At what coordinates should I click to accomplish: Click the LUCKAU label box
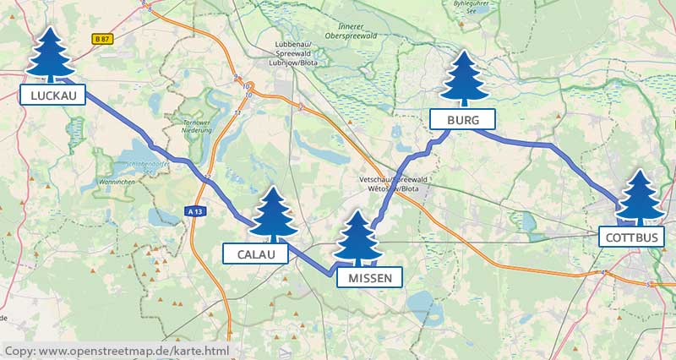coord(52,95)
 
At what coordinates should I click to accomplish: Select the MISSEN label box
coord(368,276)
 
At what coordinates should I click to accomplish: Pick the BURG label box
coord(461,119)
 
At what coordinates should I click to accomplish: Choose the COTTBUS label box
coord(631,237)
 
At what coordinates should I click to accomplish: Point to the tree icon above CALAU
coord(273,213)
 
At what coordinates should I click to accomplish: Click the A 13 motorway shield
coord(194,212)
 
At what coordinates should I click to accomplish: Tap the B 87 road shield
coord(102,39)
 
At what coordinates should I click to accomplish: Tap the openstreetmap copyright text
coord(116,350)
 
